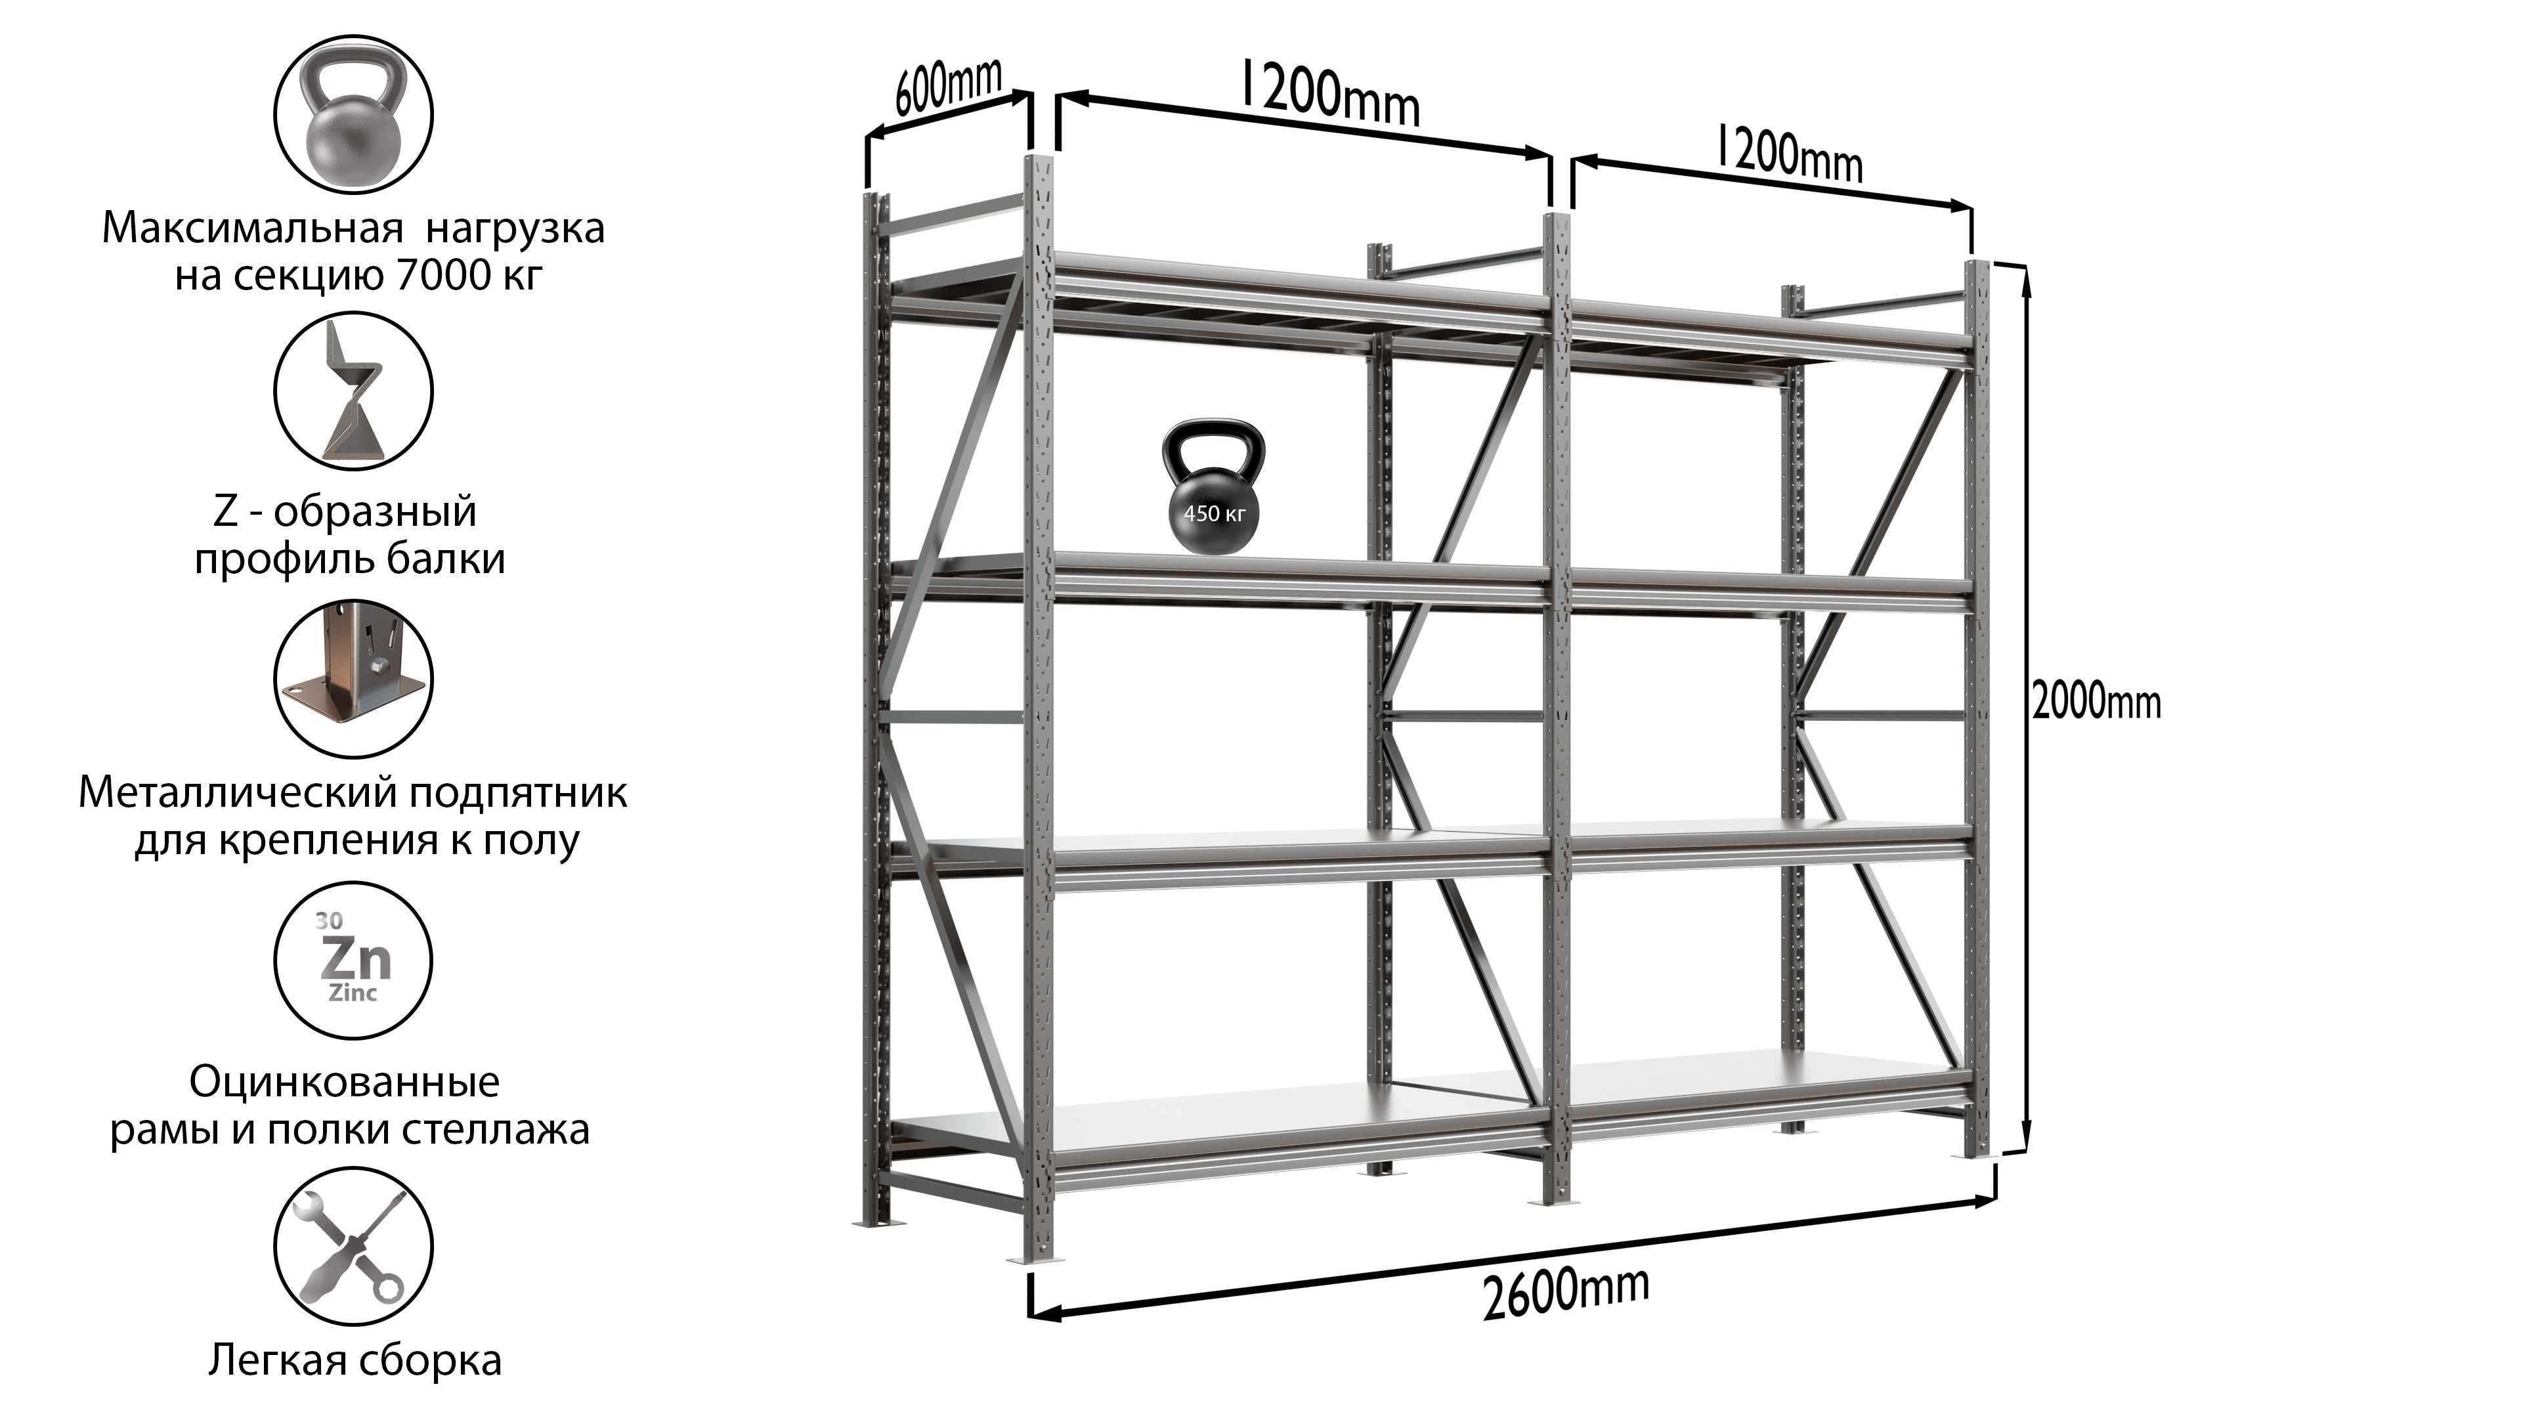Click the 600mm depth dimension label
pyautogui.click(x=948, y=85)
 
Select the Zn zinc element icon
pyautogui.click(x=353, y=958)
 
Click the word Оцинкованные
pyautogui.click(x=345, y=1083)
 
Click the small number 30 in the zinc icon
pyautogui.click(x=329, y=921)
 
